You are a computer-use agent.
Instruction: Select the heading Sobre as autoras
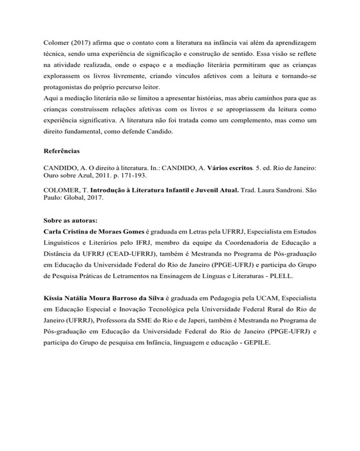70,220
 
